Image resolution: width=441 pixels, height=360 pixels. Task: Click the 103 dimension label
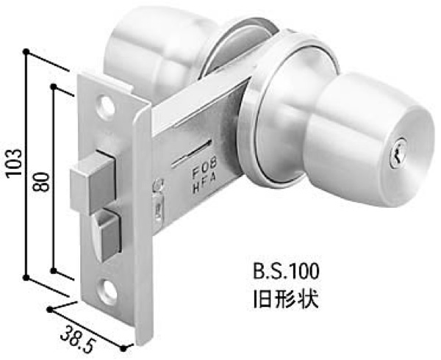(14, 162)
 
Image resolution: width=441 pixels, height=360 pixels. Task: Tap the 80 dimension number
(40, 181)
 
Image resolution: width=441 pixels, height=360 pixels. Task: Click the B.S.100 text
(286, 272)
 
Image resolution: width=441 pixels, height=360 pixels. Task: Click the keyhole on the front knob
(398, 153)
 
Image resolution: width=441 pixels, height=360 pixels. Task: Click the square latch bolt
(93, 182)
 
